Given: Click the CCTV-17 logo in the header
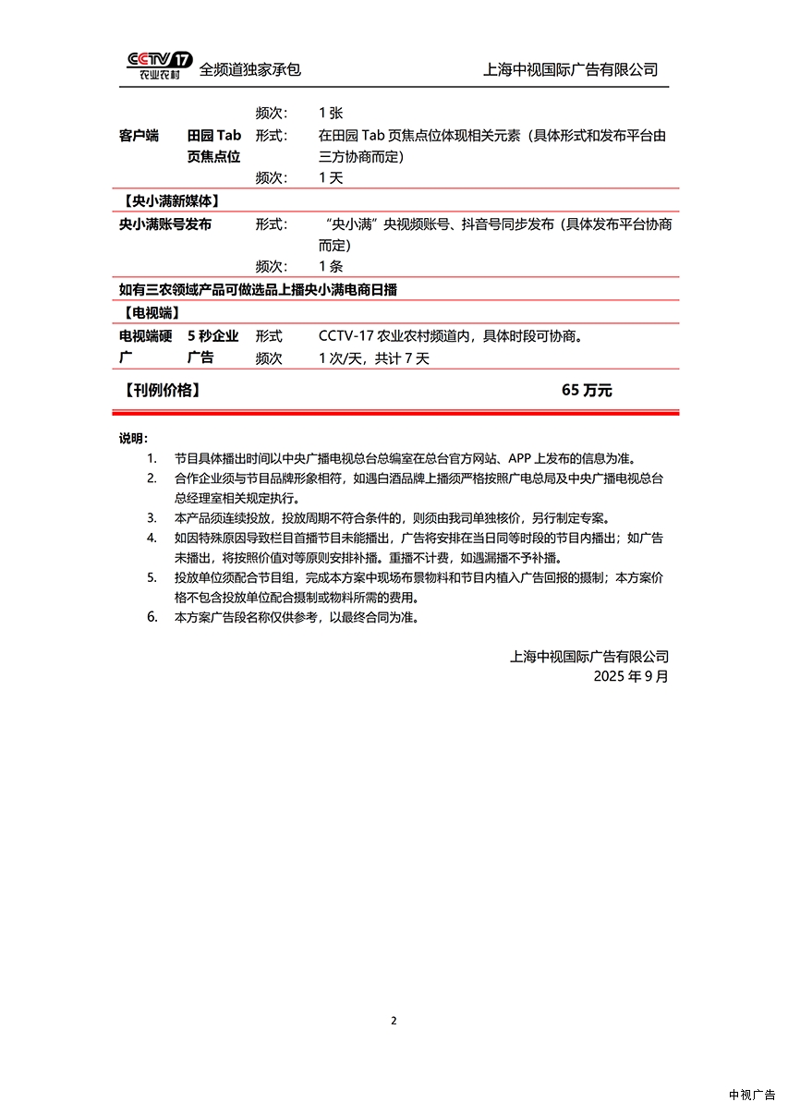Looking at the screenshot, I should [160, 65].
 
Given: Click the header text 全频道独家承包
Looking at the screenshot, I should [250, 69].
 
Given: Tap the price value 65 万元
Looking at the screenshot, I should [587, 391].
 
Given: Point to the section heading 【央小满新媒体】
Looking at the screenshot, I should [170, 200].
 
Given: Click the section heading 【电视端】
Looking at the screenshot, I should [150, 312].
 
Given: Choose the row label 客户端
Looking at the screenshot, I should [139, 136].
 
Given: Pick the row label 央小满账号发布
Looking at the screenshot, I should [165, 224].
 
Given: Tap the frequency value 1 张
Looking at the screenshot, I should [331, 113].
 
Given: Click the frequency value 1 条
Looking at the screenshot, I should [331, 267].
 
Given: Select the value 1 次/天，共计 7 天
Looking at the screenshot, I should [374, 359].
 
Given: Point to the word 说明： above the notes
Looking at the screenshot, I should [133, 438].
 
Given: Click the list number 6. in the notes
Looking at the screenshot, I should [152, 617].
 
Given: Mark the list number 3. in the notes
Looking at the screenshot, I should [152, 517].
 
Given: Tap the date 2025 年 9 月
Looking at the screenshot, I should [631, 676].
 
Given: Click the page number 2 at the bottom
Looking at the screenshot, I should [394, 1021].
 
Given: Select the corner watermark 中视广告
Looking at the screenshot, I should [752, 1095].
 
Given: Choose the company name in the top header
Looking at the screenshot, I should [571, 69].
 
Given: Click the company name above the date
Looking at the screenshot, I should [589, 657].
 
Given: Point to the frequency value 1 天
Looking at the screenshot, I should [331, 178].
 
